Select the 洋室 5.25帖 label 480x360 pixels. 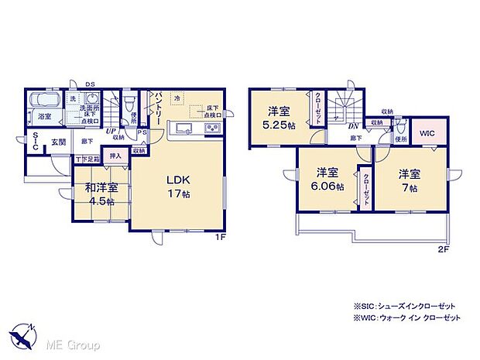click(279, 117)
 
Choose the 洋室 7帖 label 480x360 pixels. click(409, 180)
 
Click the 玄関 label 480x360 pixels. click(59, 142)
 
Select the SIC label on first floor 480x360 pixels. click(35, 141)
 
